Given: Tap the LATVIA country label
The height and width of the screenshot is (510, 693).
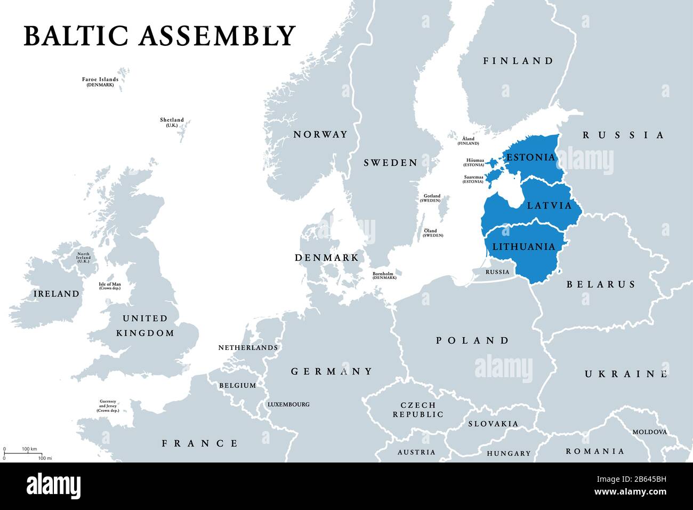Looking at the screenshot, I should (x=549, y=205).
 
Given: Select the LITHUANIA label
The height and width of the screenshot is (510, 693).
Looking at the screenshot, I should (x=523, y=247).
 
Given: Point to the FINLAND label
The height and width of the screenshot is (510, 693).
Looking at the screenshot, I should (x=518, y=61).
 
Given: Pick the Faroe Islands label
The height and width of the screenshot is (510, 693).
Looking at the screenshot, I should (x=100, y=82).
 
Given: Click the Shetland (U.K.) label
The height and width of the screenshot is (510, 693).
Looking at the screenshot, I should (x=172, y=122).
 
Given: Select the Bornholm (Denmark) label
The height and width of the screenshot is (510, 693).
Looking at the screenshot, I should (x=384, y=275).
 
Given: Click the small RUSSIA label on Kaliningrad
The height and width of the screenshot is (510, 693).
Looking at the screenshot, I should (x=497, y=272).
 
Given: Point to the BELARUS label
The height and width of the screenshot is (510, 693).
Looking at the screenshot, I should (x=601, y=284).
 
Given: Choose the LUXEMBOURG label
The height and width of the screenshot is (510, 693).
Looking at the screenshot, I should (x=288, y=404).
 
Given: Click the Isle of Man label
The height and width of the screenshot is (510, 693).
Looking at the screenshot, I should (x=110, y=286).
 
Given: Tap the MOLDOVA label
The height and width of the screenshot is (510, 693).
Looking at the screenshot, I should (x=649, y=432).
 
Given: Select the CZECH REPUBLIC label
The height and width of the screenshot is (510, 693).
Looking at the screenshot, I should (x=418, y=410).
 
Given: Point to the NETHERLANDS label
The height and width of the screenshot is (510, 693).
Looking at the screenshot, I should (x=248, y=348).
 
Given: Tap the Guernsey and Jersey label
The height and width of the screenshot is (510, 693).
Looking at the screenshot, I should (x=108, y=406).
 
